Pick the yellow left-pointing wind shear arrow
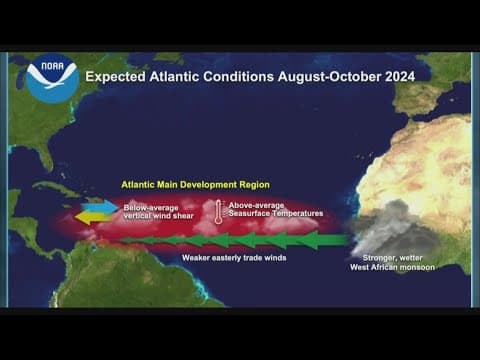point(93,217)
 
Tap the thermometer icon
point(217,210)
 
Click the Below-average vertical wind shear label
point(153,212)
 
